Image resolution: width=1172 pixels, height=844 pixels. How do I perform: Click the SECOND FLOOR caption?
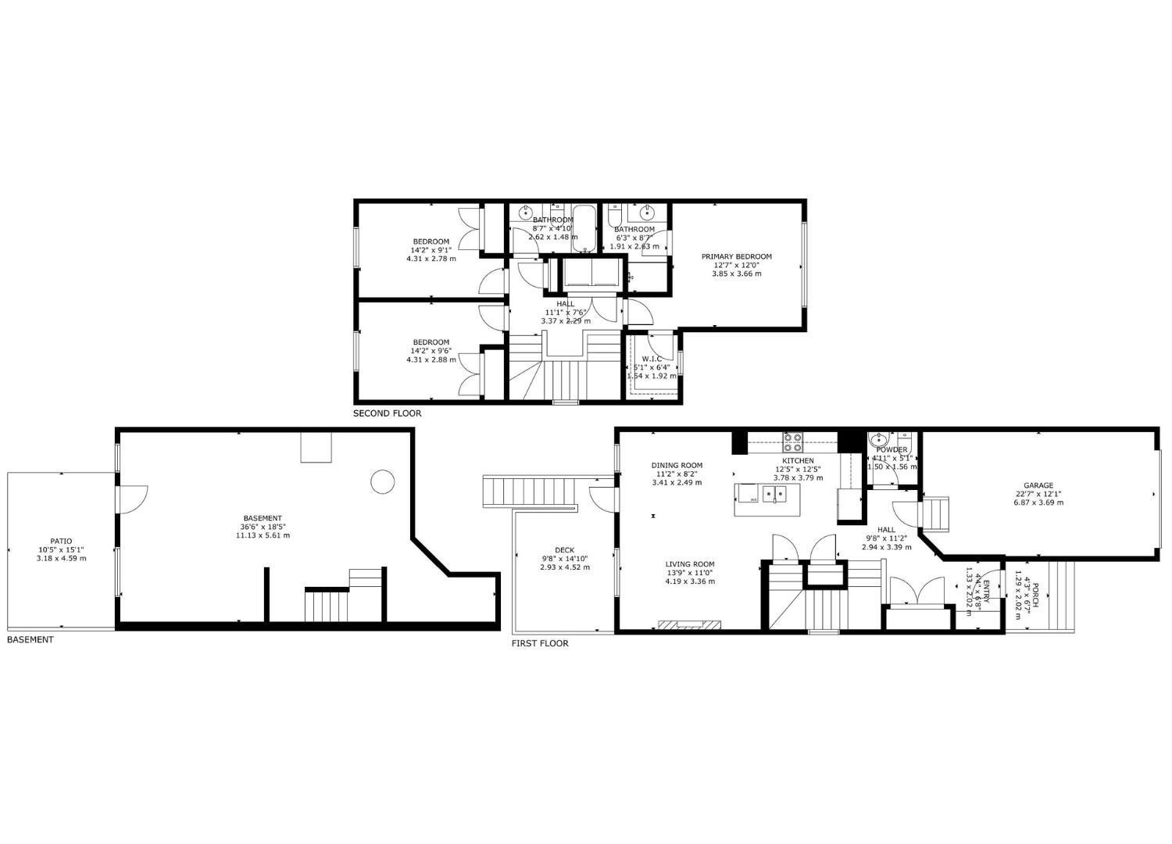click(x=387, y=413)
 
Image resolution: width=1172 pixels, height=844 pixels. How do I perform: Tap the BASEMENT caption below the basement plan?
click(x=30, y=639)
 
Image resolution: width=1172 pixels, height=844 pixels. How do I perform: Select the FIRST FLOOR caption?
click(x=540, y=643)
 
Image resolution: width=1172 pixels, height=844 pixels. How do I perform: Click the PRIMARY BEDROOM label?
click(x=736, y=256)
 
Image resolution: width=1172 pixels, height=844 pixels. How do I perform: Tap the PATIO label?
click(x=61, y=541)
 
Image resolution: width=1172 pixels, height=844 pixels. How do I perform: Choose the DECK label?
click(x=564, y=549)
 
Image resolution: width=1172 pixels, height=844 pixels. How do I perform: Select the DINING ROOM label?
click(x=677, y=465)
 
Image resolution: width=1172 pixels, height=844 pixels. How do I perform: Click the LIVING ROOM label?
click(x=690, y=564)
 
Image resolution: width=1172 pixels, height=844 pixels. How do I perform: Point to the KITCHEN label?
click(x=798, y=460)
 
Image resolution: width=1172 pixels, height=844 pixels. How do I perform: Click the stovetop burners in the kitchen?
click(x=792, y=442)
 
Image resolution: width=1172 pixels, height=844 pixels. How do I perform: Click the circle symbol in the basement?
click(x=382, y=481)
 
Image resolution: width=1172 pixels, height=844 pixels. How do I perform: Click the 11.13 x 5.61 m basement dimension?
click(x=263, y=535)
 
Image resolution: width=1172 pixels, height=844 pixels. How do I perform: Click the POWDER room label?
click(x=892, y=450)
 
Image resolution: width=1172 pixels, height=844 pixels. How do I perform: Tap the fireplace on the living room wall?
click(x=689, y=625)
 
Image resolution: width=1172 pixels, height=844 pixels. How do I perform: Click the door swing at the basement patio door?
click(x=133, y=499)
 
